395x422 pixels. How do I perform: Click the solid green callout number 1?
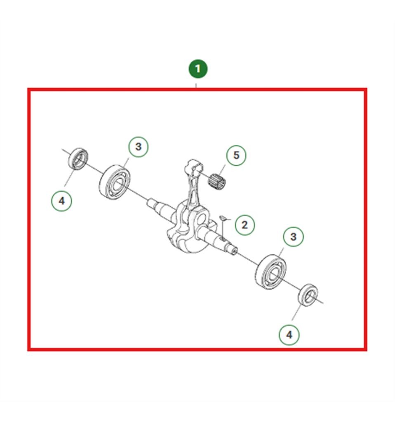click(198, 69)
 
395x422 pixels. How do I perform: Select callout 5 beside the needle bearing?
click(236, 155)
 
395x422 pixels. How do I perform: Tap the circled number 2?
click(245, 225)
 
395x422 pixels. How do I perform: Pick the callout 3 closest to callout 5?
click(139, 147)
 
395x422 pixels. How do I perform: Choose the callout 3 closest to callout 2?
click(293, 237)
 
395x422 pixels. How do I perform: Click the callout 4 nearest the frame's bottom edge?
click(289, 335)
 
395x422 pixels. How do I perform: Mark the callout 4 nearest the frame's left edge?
click(62, 201)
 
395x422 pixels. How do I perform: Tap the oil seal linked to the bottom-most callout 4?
click(308, 295)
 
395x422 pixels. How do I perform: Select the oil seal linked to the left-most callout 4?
click(78, 159)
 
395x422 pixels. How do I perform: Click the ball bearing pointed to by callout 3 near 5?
click(115, 182)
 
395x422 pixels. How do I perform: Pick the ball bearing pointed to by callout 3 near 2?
click(270, 272)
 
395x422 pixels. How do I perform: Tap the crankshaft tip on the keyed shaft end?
click(235, 251)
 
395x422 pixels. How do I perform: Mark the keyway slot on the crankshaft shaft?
click(222, 238)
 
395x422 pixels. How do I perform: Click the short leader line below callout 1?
click(196, 86)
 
